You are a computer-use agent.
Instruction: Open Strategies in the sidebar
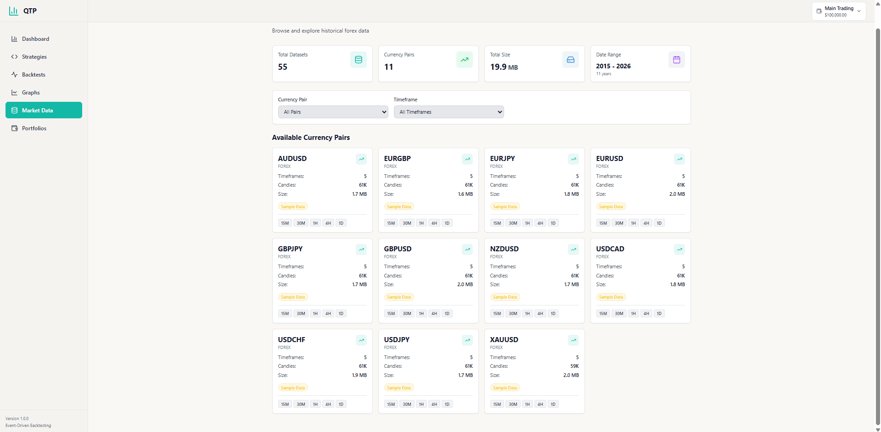pos(34,57)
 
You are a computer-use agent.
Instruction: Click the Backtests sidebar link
pos(34,75)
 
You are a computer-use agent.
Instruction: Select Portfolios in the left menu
pos(34,128)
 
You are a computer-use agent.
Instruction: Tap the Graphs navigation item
pos(31,93)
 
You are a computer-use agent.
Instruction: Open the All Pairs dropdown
pos(333,112)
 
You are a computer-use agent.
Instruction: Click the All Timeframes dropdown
pos(449,112)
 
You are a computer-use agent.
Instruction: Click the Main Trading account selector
pos(839,11)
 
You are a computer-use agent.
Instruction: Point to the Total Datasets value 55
pos(283,67)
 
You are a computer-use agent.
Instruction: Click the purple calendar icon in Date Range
pos(676,60)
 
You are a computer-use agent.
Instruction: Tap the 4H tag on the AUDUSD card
pos(328,223)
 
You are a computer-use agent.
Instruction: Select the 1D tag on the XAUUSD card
pos(553,404)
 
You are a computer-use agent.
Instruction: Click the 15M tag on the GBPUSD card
pos(391,314)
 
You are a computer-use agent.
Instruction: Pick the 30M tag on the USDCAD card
pos(619,314)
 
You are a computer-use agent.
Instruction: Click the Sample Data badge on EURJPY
pos(505,207)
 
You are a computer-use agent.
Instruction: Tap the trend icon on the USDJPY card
pos(467,340)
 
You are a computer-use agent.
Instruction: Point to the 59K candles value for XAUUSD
pos(574,366)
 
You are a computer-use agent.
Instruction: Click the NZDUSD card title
pos(504,249)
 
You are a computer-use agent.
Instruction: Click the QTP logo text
pos(30,11)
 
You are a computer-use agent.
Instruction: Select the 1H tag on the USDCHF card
pos(315,404)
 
